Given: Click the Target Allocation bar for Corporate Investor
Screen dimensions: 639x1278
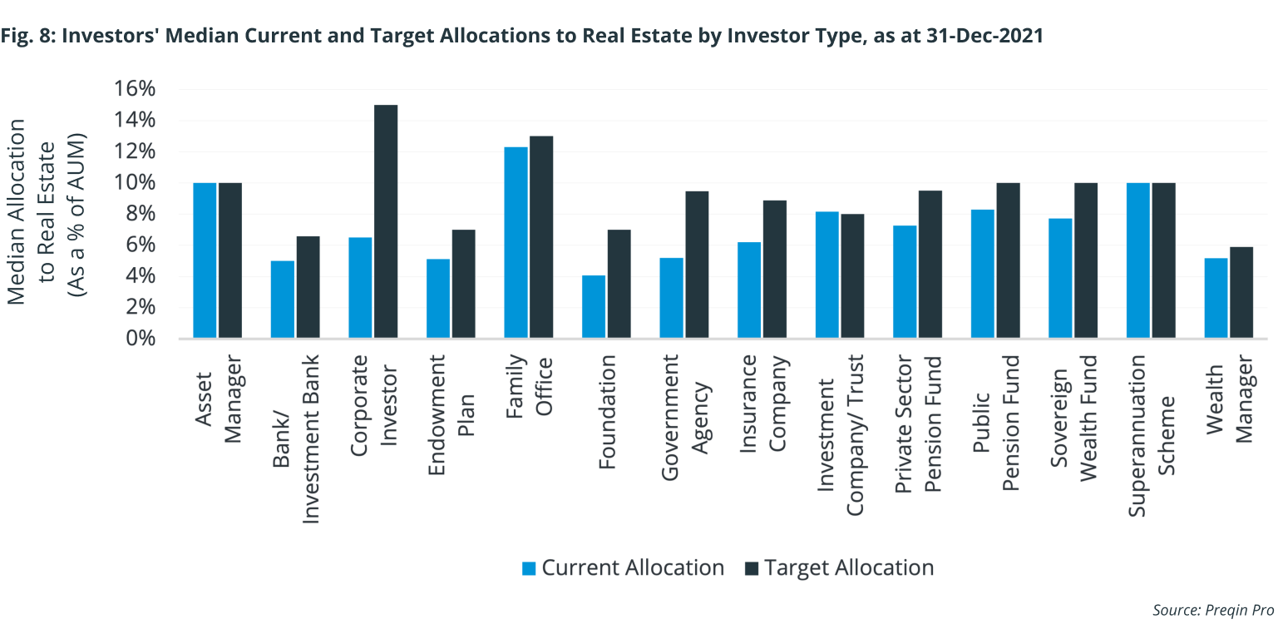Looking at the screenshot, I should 386,222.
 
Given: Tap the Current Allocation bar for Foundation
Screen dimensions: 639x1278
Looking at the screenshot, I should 594,307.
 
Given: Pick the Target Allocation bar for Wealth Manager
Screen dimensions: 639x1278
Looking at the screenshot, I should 1241,293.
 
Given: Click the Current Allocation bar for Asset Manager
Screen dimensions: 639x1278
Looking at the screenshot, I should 205,260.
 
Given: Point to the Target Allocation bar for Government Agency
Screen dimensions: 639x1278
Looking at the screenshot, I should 697,265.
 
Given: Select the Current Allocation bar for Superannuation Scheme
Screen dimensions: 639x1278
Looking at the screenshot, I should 1138,260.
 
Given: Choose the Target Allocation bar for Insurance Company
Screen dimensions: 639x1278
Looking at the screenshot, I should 775,270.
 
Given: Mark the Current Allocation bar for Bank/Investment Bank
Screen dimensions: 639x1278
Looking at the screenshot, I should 283,300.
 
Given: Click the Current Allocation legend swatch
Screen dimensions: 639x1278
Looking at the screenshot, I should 529,568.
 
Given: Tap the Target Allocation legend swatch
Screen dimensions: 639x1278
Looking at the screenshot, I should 752,568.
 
